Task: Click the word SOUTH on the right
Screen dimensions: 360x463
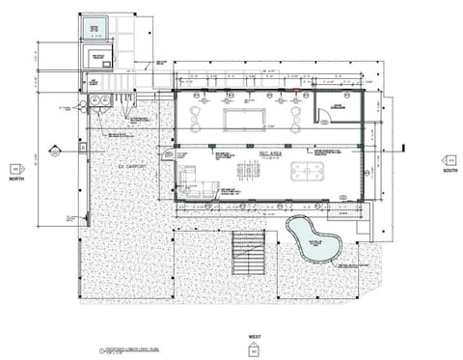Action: [x=449, y=171]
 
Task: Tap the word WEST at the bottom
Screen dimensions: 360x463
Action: [x=255, y=338]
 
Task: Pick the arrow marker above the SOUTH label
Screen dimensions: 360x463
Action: [x=449, y=160]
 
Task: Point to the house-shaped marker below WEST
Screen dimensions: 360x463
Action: [x=255, y=349]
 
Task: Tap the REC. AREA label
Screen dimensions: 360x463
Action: [x=269, y=153]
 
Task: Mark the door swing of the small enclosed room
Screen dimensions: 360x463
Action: [x=325, y=118]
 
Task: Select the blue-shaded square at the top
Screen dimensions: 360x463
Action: [x=94, y=24]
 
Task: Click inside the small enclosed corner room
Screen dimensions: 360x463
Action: [x=339, y=109]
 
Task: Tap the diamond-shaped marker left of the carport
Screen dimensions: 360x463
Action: [x=54, y=152]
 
